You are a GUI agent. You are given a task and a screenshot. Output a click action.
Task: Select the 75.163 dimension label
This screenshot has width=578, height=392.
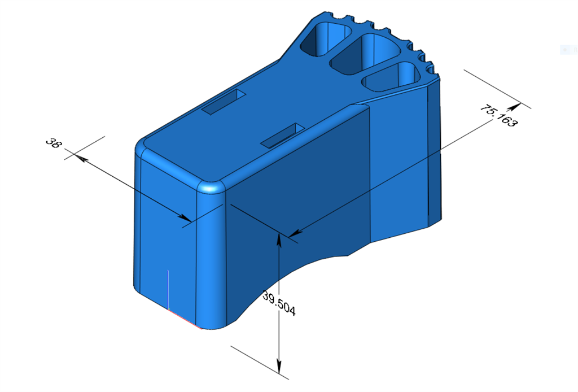pos(498,116)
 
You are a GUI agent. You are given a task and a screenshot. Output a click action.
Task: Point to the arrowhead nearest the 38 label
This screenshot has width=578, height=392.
pos(79,159)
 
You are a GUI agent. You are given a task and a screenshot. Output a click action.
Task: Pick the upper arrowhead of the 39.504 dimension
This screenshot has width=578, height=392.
pos(279,238)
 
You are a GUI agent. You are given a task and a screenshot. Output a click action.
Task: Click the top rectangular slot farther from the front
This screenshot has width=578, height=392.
pos(223,102)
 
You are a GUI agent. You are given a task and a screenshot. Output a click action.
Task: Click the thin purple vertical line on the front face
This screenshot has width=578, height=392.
pos(169,288)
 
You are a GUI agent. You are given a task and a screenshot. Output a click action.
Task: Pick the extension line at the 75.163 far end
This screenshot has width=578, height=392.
pos(497,88)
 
